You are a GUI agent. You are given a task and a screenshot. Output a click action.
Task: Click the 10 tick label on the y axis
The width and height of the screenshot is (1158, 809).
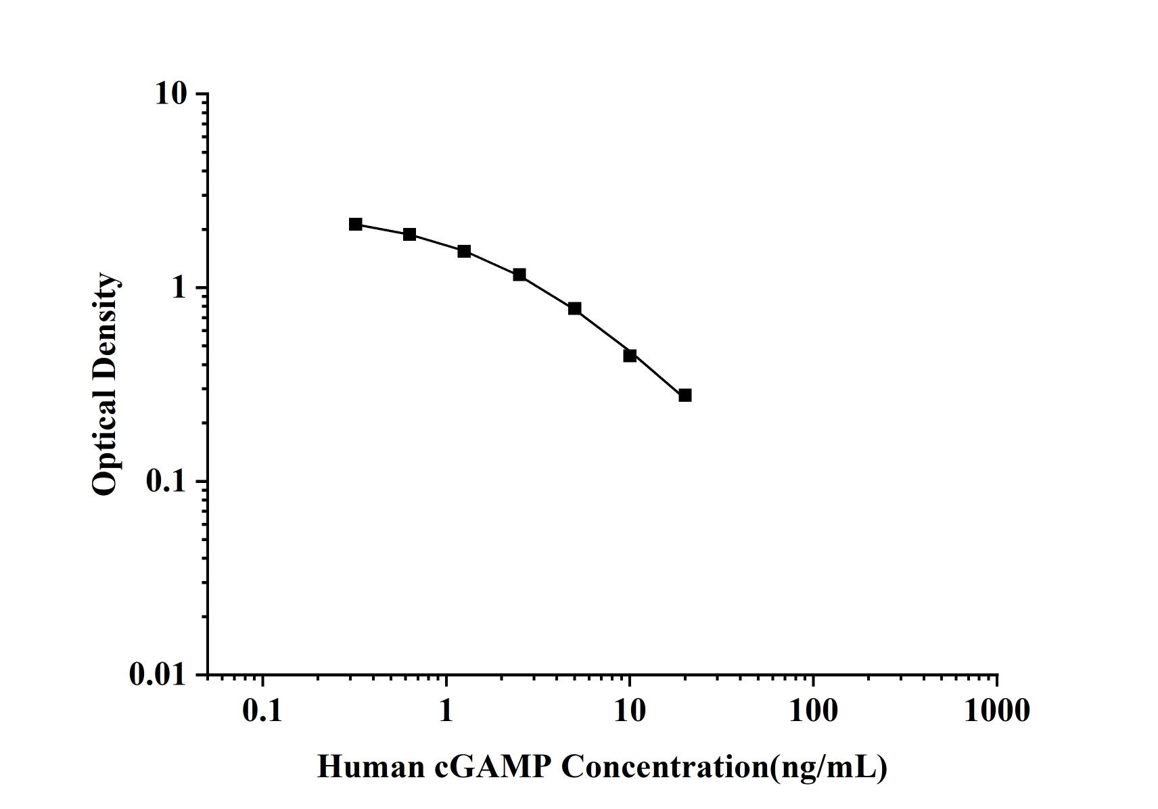(170, 93)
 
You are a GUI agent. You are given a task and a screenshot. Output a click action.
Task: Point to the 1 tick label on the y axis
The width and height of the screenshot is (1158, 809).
(179, 287)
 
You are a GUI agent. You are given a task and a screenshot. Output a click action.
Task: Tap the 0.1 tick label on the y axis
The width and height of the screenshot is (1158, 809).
(165, 482)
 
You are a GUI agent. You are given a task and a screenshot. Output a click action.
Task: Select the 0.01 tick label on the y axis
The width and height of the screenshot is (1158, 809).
(158, 674)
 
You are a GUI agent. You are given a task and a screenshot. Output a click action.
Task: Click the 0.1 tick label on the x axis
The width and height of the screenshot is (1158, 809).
(262, 710)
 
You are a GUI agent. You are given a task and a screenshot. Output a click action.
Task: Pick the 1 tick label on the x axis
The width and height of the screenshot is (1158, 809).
(446, 710)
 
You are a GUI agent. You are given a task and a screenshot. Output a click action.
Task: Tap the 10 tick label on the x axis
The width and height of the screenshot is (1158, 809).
(630, 710)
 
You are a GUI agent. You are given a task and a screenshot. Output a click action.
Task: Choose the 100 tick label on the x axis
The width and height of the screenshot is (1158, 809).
(813, 710)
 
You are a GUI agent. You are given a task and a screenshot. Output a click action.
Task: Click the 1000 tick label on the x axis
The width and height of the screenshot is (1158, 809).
(997, 710)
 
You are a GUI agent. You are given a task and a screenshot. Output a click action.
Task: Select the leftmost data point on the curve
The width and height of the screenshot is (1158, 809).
(356, 225)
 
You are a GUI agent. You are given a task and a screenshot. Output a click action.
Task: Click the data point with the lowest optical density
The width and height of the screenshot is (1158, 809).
(685, 395)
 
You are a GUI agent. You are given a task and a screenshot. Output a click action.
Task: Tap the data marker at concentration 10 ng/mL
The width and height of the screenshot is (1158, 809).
(630, 355)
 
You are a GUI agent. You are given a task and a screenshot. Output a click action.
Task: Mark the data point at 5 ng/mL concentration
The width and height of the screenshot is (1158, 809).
(575, 308)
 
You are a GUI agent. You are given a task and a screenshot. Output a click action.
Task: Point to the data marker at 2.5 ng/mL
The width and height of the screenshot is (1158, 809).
(519, 275)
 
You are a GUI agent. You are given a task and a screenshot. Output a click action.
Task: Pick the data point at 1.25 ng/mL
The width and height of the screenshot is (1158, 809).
(464, 252)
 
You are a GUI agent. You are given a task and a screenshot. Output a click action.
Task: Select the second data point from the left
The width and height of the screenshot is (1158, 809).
(409, 235)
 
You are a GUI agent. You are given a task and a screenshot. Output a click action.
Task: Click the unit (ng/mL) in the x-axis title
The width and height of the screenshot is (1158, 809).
(829, 767)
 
